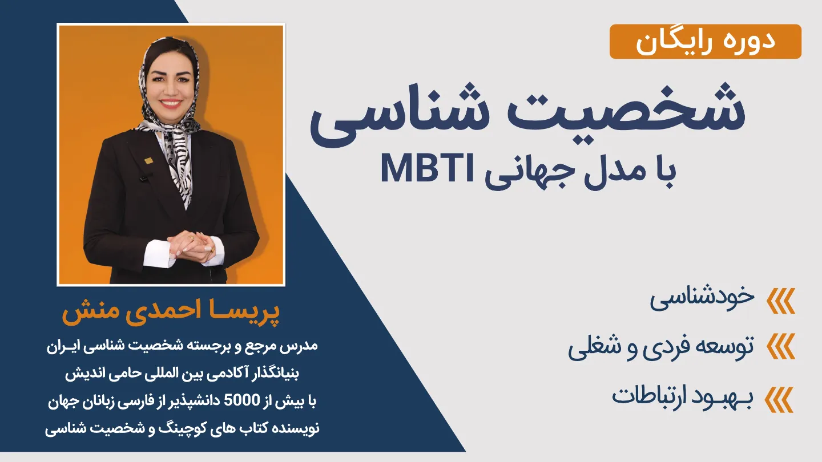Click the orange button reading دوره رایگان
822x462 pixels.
pos(706,42)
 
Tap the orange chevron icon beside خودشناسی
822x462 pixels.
pos(780,301)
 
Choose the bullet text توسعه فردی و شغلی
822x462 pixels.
pos(661,347)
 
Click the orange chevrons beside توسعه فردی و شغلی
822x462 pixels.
pos(780,346)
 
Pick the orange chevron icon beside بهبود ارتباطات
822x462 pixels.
pos(780,400)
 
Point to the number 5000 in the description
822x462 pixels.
pos(242,400)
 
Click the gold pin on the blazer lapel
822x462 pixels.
pos(148,160)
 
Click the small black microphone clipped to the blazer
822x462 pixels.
pos(144,179)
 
